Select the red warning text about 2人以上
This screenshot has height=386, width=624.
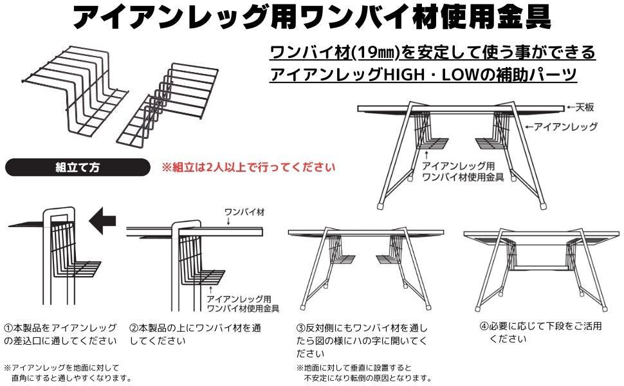coord(248,168)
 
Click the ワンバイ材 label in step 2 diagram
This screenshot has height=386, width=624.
coord(240,210)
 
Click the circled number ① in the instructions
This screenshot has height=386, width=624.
coord(8,328)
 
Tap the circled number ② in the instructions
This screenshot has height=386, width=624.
coord(134,328)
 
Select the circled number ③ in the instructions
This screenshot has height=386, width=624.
coord(300,328)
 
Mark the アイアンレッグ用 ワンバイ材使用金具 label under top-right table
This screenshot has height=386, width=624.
coord(462,170)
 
